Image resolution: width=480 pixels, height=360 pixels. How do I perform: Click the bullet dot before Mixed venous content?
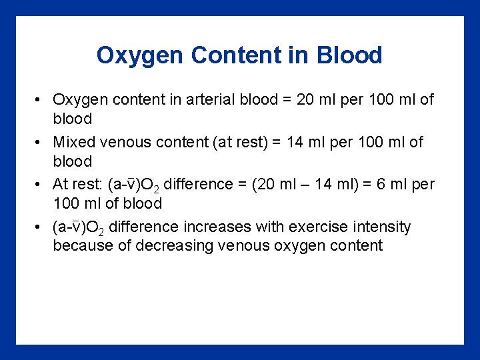pos(40,143)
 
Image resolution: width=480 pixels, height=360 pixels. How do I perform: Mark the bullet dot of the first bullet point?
pos(40,100)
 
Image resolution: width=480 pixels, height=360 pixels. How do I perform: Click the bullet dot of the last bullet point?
pos(40,227)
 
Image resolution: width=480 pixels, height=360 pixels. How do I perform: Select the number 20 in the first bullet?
pos(305,100)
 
